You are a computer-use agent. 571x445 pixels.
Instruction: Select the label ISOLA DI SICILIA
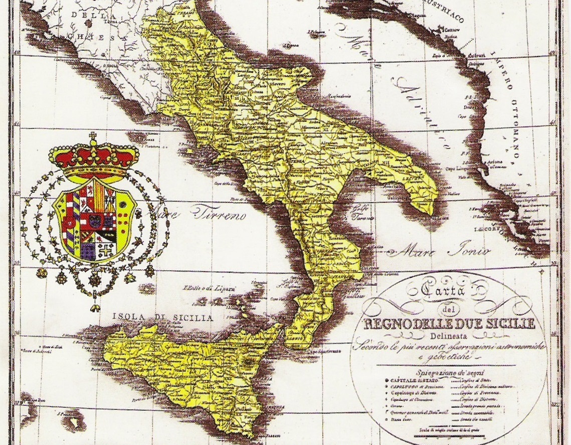click(x=162, y=318)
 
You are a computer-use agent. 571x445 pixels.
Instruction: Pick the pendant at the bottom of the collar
click(x=94, y=307)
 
